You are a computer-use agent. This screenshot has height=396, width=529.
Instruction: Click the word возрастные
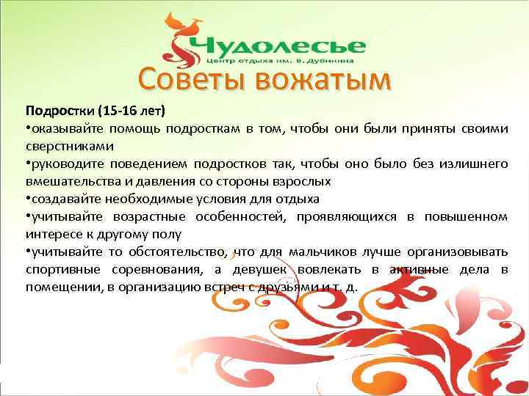tap(151, 216)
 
